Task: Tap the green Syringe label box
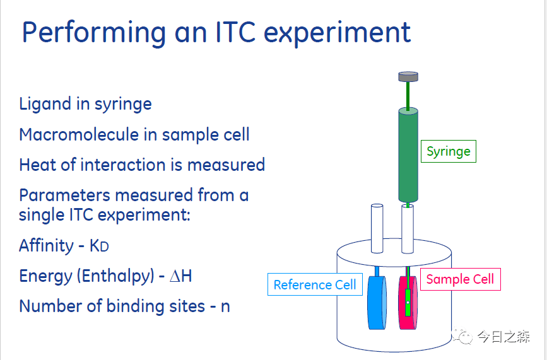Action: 448,151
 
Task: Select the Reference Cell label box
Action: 315,285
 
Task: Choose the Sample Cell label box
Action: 460,279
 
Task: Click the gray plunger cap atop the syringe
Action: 408,77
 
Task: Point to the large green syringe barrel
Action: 408,154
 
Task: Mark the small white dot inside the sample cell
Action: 408,303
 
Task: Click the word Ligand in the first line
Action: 45,104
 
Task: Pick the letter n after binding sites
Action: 225,307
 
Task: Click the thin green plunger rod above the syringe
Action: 408,95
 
